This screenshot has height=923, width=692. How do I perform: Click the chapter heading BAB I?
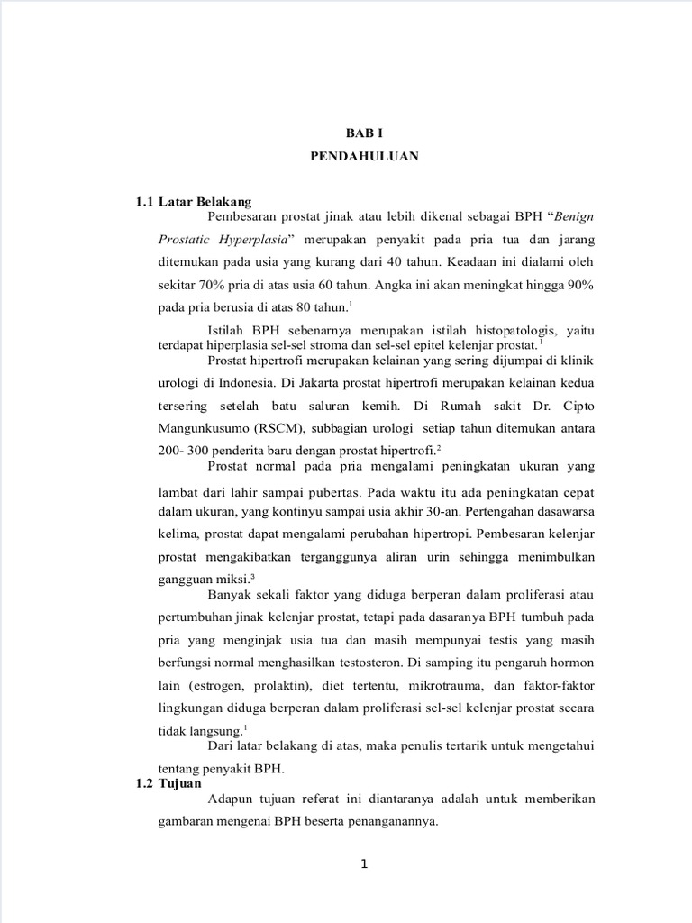[x=365, y=133]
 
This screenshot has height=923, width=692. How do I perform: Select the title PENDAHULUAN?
[x=364, y=155]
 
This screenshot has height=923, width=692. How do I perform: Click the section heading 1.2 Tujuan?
[x=168, y=783]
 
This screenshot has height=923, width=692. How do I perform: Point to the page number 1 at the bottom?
[x=364, y=864]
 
